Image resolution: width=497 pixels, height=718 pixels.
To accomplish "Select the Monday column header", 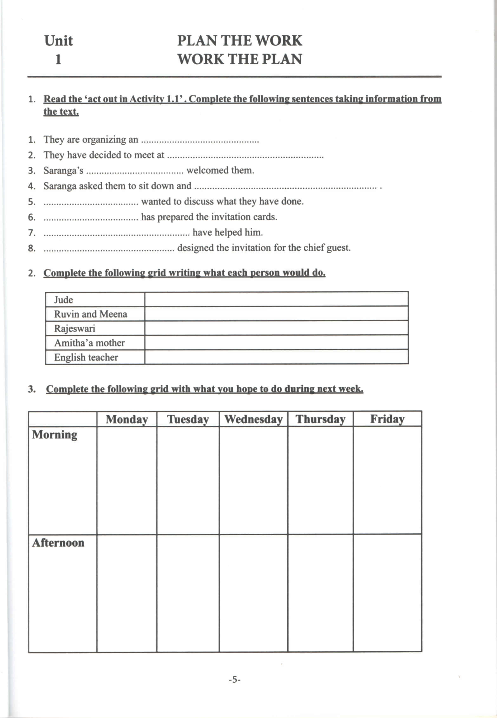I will [127, 419].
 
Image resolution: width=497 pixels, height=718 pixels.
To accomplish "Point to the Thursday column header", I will [320, 419].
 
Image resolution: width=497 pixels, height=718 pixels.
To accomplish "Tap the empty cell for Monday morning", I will [127, 480].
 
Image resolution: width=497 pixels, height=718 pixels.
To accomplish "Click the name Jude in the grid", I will [64, 300].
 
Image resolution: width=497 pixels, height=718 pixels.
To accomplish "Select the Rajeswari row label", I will [75, 328].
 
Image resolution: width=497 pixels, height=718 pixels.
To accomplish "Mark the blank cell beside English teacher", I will [276, 357].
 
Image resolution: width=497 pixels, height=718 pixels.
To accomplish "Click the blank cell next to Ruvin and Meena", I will [276, 314].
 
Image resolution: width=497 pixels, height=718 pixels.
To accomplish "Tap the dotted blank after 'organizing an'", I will [200, 141].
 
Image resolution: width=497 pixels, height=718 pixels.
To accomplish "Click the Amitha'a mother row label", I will [89, 343].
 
